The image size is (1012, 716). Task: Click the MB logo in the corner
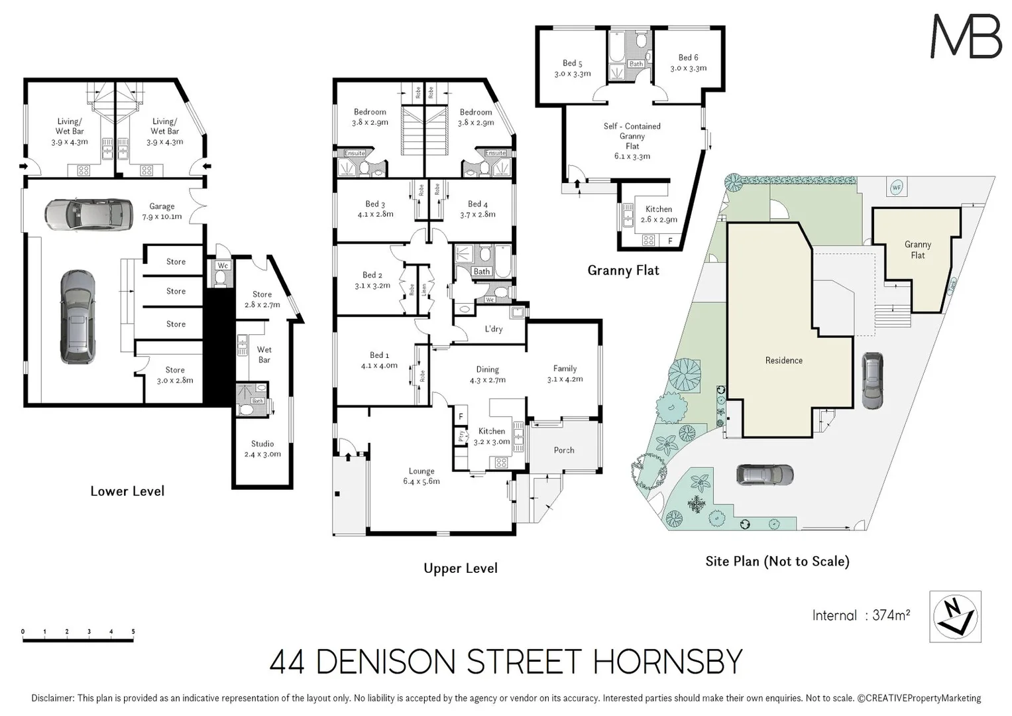[x=966, y=36]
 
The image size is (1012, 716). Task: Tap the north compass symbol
[x=955, y=617]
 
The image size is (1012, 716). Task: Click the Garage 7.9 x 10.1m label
[x=162, y=211]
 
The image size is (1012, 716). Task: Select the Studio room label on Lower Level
[x=262, y=449]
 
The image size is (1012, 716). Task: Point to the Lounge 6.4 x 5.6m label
[x=422, y=476]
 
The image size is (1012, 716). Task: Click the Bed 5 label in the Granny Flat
[x=573, y=68]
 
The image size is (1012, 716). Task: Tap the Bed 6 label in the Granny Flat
[x=688, y=63]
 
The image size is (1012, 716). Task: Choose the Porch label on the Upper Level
[x=564, y=450]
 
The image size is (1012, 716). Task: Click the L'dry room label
[x=494, y=329]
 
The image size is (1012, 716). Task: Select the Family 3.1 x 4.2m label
[x=565, y=374]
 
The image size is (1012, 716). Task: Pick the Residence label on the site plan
[x=784, y=361]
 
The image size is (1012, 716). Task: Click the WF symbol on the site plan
[x=896, y=188]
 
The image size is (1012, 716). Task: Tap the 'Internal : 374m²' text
[x=861, y=615]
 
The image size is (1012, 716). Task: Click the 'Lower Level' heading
[x=127, y=491]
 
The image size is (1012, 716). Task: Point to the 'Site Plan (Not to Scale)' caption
[x=777, y=562]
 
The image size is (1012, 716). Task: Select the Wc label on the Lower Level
[x=223, y=266]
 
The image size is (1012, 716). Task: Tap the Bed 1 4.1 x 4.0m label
[x=379, y=361]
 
